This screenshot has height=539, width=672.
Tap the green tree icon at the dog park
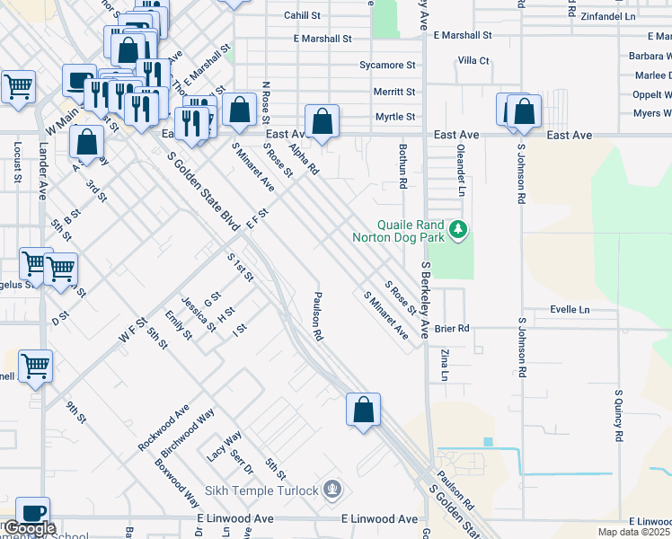[459, 231]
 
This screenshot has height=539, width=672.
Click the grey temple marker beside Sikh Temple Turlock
[333, 490]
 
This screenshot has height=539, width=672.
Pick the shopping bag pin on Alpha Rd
[322, 120]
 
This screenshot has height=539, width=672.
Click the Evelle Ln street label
[570, 309]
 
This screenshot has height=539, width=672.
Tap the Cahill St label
[302, 15]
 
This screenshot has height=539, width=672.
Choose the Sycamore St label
[387, 66]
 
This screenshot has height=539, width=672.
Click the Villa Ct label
[473, 61]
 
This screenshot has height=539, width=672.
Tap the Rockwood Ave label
[163, 428]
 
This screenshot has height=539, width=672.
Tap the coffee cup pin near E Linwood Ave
[32, 512]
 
